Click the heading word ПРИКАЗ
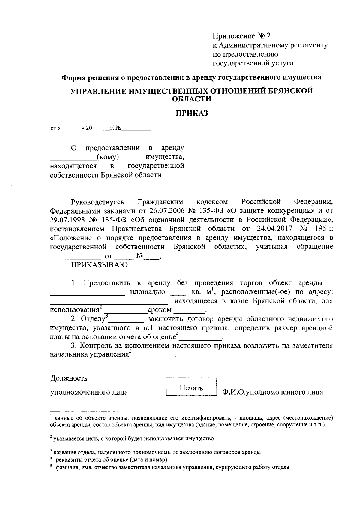191,113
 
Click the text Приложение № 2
241,36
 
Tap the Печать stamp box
191,388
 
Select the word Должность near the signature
69,378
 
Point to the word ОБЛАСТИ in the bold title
192,99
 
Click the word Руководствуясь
97,201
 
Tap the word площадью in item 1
147,292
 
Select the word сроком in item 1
160,310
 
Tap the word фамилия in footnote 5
66,467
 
